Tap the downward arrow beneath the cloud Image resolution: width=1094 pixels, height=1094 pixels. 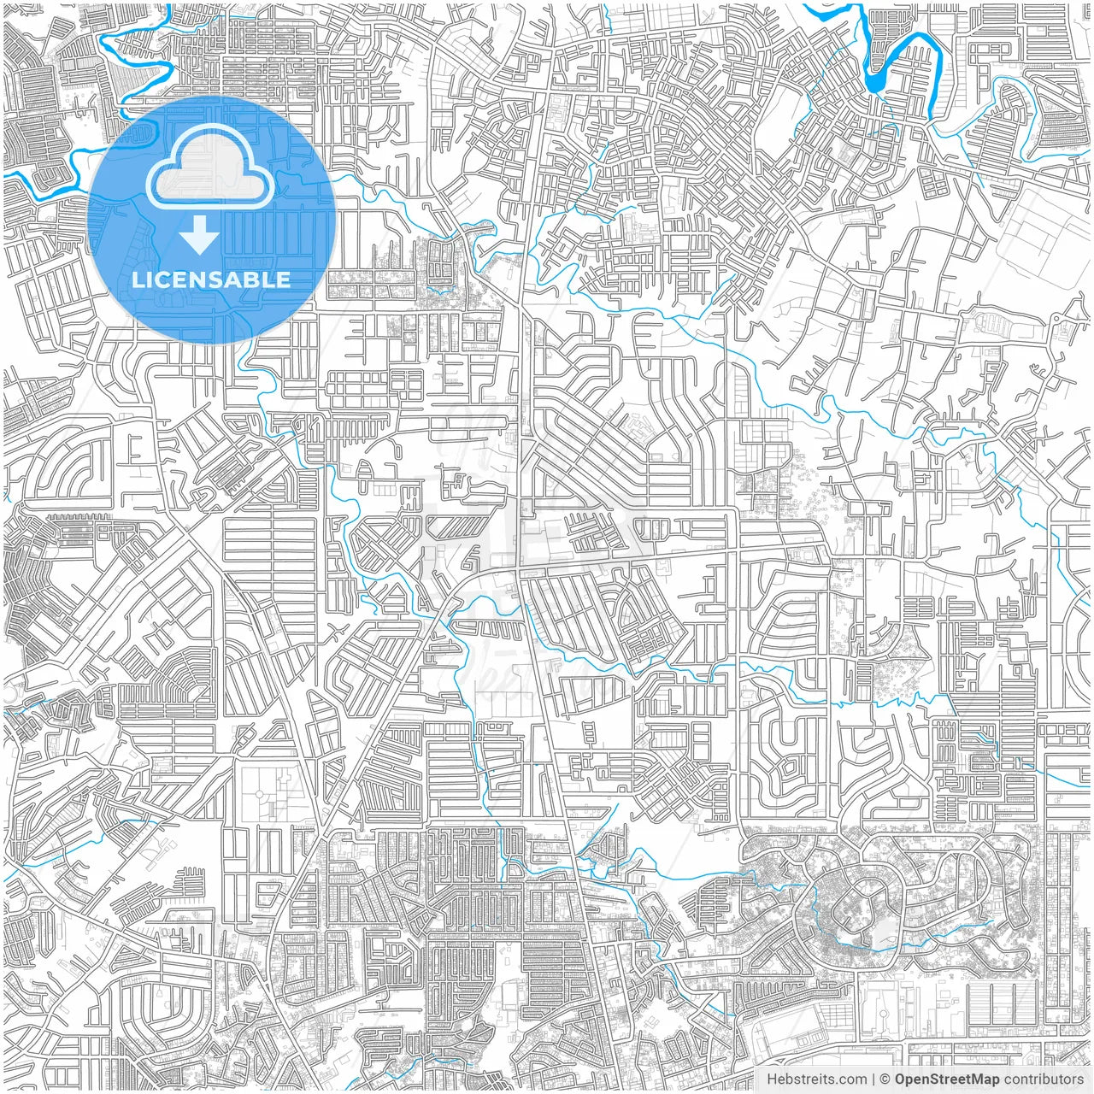click(199, 235)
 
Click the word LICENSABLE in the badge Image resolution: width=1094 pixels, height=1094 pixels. click(210, 279)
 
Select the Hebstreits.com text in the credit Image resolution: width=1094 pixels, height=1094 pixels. click(816, 1079)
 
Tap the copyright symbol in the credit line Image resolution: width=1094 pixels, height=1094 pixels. click(885, 1079)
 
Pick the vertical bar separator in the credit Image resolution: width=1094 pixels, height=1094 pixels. click(873, 1079)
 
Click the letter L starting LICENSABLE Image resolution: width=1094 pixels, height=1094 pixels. click(137, 279)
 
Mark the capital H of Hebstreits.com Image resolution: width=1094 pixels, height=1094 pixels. click(772, 1079)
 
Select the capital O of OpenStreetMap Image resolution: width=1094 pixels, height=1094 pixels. click(901, 1079)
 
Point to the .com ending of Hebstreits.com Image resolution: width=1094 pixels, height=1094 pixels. click(851, 1079)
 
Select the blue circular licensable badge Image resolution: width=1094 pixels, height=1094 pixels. click(210, 220)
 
